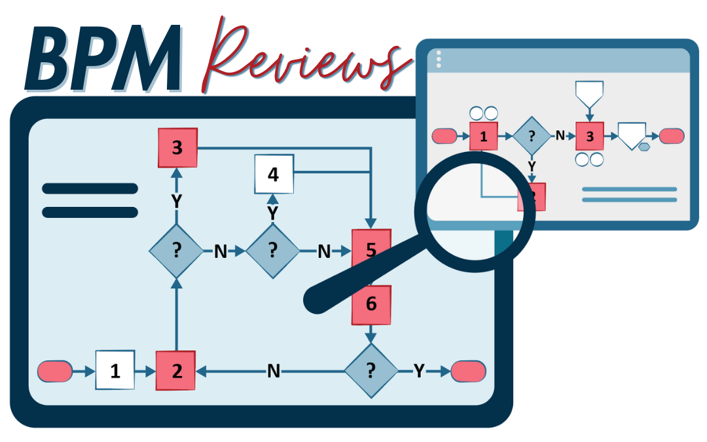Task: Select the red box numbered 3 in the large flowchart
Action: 177,147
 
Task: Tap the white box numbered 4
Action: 273,175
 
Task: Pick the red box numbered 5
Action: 371,249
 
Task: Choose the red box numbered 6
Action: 371,304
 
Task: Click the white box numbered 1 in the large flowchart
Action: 115,371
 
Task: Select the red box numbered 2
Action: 177,371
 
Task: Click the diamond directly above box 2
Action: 175,249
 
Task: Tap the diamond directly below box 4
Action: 272,249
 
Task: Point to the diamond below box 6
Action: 371,371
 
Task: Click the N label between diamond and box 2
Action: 274,371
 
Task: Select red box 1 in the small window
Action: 484,136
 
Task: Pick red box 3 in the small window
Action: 590,136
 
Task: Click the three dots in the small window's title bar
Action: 439,59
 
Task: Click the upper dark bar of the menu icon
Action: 90,189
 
